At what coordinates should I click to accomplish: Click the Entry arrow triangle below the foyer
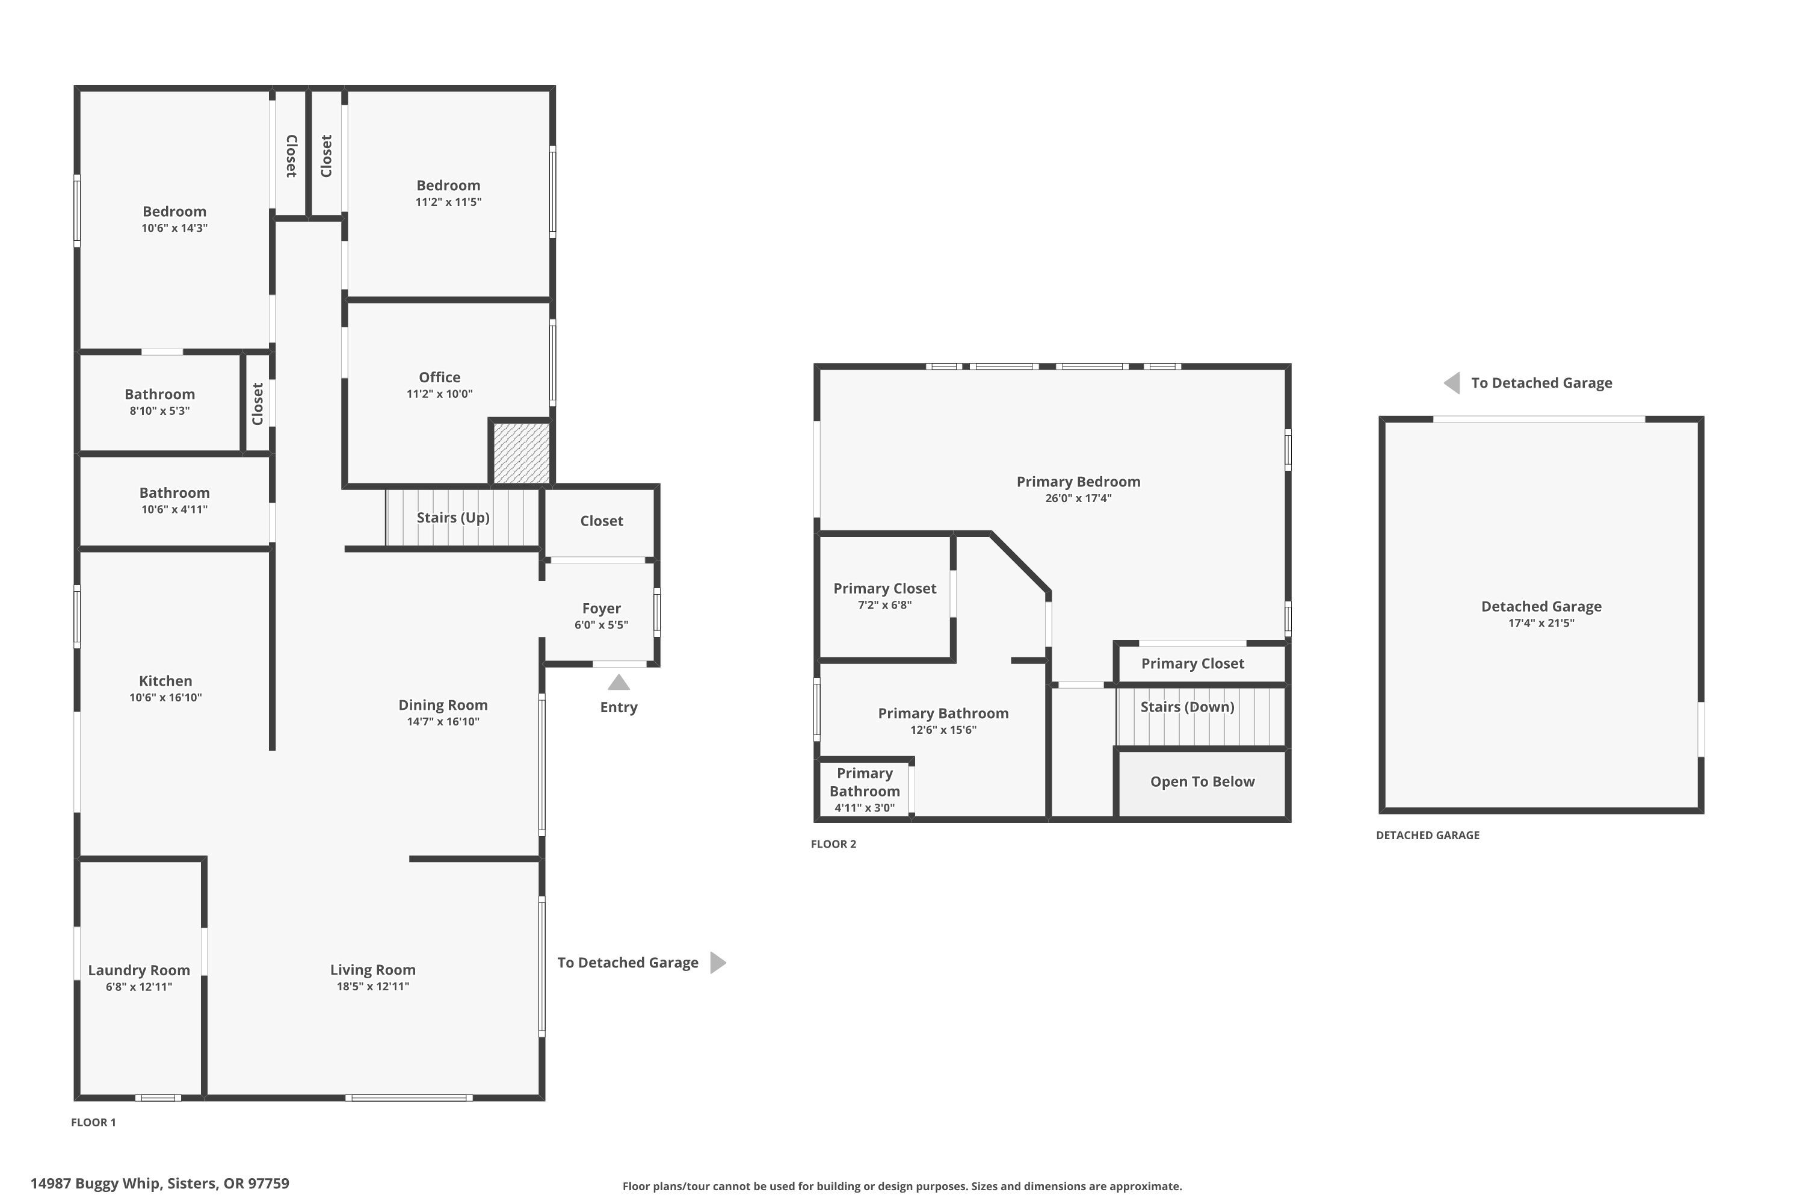coord(619,683)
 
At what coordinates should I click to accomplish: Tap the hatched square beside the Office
coord(521,453)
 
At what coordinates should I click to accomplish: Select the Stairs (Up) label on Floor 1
coord(453,518)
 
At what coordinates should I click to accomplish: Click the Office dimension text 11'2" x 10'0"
coord(439,394)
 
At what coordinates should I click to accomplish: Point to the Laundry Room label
coord(139,970)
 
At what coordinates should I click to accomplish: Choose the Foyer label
coord(601,608)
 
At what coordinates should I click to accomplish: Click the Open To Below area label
coord(1202,781)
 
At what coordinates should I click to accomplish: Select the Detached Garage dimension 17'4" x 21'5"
coord(1541,622)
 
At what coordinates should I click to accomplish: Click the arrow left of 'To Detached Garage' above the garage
coord(1452,382)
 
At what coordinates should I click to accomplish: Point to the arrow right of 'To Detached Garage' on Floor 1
coord(718,962)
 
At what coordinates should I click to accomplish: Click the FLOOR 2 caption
coord(833,844)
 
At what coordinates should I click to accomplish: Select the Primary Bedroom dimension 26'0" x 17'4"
coord(1078,498)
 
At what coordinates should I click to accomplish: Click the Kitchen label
coord(165,680)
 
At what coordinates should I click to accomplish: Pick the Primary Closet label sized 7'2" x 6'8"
coord(884,588)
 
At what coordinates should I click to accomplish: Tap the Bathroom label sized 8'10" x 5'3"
coord(159,394)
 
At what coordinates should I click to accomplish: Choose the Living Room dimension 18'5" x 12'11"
coord(373,987)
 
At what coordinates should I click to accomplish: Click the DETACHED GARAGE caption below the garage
coord(1427,836)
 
